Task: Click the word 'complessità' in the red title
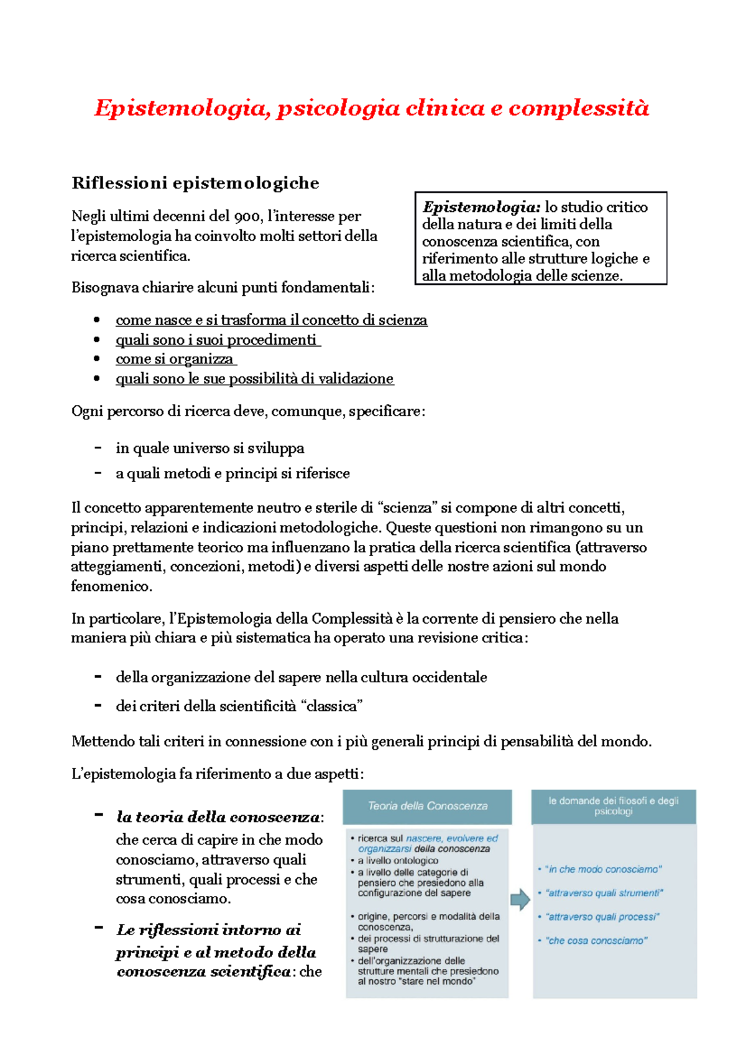[x=578, y=109]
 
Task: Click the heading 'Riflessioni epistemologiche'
[x=195, y=183]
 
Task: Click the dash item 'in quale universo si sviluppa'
[x=210, y=449]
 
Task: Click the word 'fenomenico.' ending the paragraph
[x=111, y=586]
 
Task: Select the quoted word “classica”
[x=331, y=706]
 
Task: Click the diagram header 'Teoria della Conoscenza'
[x=428, y=806]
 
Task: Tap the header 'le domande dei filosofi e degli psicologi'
[x=613, y=806]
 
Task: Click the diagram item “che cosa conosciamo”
[x=596, y=941]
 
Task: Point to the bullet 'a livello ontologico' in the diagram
[x=398, y=861]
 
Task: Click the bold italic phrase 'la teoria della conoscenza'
[x=218, y=817]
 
